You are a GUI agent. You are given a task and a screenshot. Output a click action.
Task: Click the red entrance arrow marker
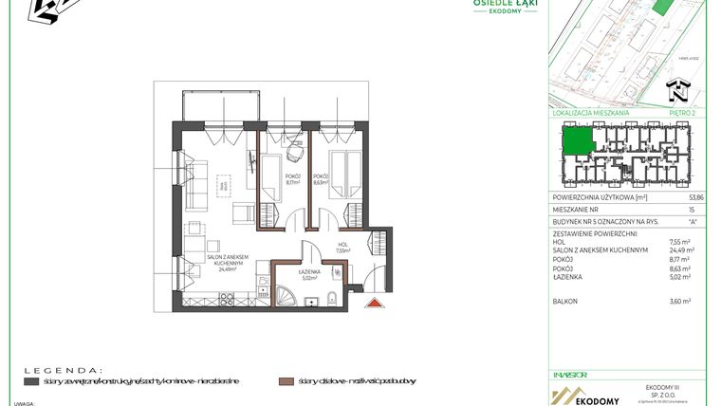(375, 303)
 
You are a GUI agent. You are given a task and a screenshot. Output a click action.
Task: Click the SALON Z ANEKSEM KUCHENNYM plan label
(228, 265)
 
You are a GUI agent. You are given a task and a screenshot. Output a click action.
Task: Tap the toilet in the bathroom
(327, 302)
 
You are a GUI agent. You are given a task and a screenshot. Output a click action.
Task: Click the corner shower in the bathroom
(284, 295)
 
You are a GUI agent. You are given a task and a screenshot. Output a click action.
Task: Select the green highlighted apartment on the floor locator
(576, 142)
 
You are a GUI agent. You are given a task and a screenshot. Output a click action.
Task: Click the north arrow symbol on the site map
(676, 91)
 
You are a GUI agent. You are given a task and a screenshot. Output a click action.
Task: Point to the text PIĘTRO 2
(681, 113)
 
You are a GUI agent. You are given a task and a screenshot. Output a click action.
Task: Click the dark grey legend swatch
(31, 381)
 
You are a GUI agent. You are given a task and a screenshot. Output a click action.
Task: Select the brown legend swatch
(283, 381)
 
